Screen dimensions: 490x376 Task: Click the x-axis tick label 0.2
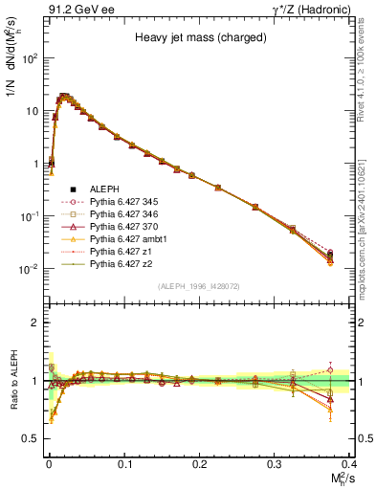pos(199,464)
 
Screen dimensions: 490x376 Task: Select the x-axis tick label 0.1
pos(123,464)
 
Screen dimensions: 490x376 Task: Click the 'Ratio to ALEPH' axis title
pos(13,381)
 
